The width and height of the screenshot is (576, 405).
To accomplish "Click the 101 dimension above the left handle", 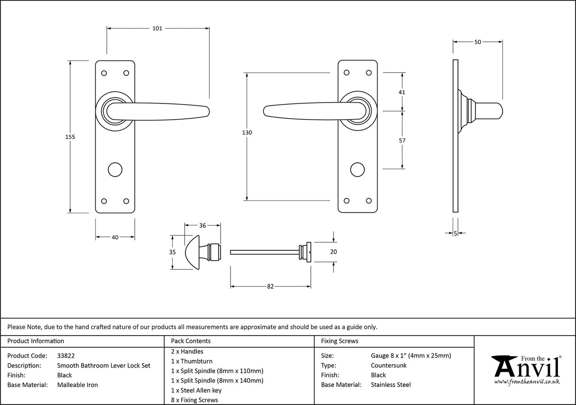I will click(x=157, y=28).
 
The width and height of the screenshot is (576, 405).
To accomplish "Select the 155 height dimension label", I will click(x=70, y=137).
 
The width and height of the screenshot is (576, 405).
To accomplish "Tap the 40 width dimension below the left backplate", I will click(x=115, y=237).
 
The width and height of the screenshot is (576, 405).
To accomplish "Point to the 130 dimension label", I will click(x=247, y=133).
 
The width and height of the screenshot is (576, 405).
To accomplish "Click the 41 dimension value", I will click(x=402, y=92).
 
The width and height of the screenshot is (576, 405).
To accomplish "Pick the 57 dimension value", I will click(x=402, y=141).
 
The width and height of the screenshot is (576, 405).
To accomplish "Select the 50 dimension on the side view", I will click(x=478, y=42).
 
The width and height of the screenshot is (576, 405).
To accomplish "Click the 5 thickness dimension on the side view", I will click(x=455, y=233).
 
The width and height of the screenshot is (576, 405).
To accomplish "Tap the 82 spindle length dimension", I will click(x=270, y=287).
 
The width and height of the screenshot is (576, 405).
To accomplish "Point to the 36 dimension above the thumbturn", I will click(x=203, y=226).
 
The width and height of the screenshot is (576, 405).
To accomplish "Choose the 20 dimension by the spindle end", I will click(x=333, y=252).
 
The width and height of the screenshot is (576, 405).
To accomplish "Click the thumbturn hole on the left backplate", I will click(x=115, y=170).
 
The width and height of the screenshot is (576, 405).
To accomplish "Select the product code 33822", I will click(x=66, y=356).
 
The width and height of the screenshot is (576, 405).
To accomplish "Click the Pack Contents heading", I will click(x=191, y=341).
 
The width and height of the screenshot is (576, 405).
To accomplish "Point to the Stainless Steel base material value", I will click(x=391, y=385).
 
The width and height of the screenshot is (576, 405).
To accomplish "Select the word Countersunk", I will click(x=389, y=366).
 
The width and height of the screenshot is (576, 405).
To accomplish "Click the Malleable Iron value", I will click(x=77, y=385).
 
